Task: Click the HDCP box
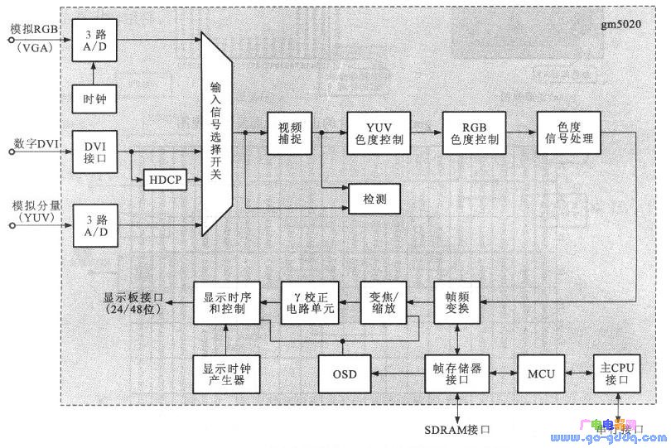point(167,179)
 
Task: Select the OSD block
point(344,374)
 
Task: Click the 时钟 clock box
point(94,102)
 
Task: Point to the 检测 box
point(373,200)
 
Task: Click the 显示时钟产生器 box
point(226,374)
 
